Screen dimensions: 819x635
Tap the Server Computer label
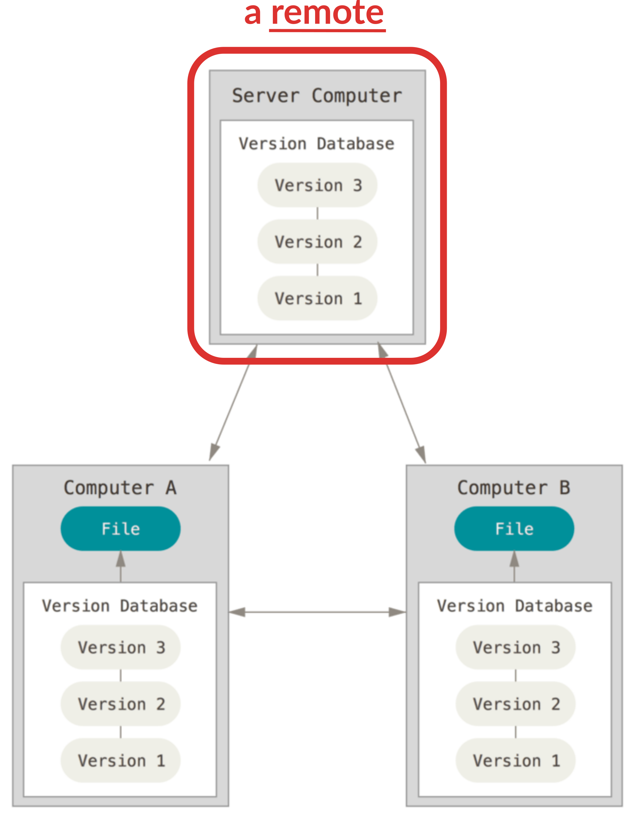317,96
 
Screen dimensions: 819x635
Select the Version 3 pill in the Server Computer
317,185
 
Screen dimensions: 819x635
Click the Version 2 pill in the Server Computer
317,241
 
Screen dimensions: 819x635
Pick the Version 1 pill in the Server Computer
317,298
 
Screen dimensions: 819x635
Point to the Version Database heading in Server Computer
317,143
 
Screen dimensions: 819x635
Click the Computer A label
120,488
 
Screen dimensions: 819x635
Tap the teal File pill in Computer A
120,529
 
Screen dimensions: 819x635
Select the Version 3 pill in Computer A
120,647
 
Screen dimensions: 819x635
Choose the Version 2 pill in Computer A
120,704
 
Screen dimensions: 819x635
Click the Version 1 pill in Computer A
120,761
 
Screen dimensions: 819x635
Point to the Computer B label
514,488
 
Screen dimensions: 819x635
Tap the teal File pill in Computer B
514,529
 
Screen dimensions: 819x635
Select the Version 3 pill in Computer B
516,647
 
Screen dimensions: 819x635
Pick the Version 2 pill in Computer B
516,704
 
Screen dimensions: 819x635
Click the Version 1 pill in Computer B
516,761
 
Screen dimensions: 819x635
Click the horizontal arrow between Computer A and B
317,612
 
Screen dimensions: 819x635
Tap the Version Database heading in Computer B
515,606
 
